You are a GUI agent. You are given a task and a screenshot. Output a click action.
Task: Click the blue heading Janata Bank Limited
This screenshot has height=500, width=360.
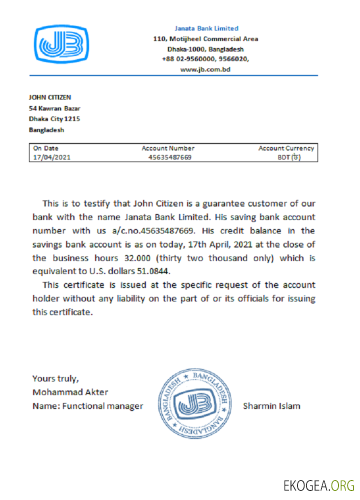click(206, 28)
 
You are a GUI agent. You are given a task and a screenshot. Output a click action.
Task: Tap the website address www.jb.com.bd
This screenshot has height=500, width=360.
click(205, 69)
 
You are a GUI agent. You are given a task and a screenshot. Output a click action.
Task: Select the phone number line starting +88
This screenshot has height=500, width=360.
click(205, 59)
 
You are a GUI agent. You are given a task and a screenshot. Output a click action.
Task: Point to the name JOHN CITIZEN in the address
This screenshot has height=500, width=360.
click(49, 97)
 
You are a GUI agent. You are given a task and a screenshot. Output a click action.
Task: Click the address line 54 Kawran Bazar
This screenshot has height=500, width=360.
click(54, 108)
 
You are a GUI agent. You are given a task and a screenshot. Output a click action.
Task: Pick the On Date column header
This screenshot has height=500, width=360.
click(45, 148)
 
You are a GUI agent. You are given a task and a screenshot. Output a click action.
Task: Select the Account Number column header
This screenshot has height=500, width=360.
click(168, 148)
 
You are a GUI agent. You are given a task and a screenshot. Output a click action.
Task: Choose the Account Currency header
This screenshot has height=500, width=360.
click(286, 148)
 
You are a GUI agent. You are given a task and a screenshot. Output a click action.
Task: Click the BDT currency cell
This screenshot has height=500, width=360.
click(289, 157)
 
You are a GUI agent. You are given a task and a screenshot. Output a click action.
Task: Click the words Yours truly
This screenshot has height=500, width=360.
click(55, 378)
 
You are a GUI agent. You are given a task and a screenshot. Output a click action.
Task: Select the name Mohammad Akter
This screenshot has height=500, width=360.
click(70, 392)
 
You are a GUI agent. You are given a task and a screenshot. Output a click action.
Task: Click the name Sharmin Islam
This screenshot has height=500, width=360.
click(271, 406)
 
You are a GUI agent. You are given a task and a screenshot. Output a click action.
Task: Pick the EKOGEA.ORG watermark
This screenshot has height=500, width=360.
click(318, 485)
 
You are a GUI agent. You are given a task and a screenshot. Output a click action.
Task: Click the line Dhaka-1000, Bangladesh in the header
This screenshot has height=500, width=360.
click(205, 49)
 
